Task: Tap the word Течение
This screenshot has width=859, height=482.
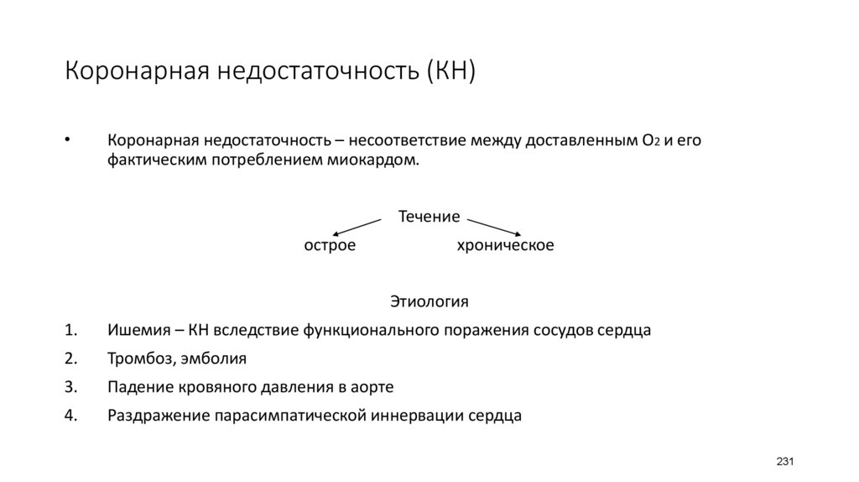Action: click(x=429, y=217)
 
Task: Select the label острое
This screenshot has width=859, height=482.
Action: click(x=330, y=245)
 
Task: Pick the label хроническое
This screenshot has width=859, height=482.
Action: click(x=505, y=245)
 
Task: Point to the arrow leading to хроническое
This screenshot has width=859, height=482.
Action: click(x=496, y=227)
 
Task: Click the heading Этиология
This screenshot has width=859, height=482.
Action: click(x=429, y=301)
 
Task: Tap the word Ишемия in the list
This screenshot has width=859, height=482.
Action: click(x=136, y=329)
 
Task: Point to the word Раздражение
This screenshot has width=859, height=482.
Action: click(x=158, y=415)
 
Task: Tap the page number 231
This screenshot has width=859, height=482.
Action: click(x=785, y=463)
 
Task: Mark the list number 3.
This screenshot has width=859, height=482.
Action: click(x=70, y=387)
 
